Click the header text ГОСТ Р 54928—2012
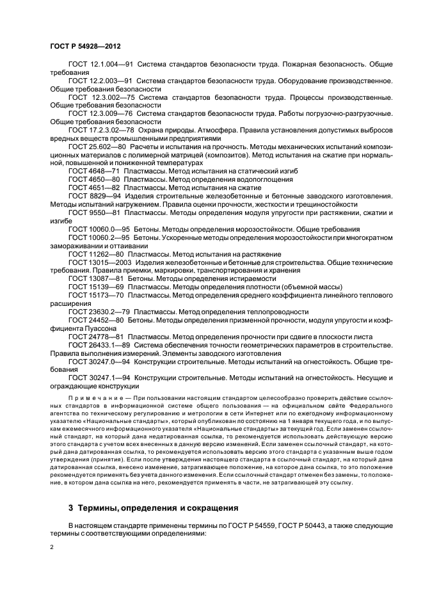85,47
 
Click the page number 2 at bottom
51,548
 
